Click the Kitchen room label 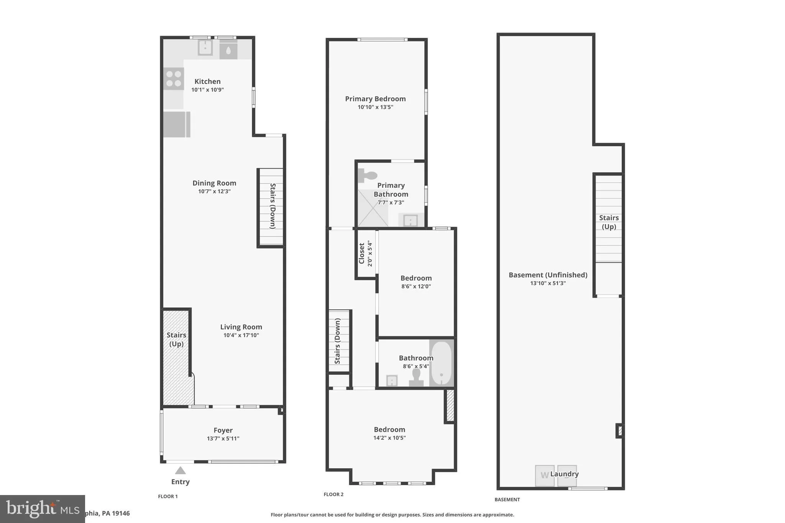(207, 81)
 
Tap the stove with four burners (173, 79)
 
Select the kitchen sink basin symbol (205, 48)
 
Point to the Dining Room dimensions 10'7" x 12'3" (214, 191)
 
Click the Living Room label (241, 327)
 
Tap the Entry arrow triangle (180, 471)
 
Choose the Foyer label (223, 430)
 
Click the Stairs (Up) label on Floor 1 (176, 339)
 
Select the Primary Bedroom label (375, 98)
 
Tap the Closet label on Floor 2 (361, 253)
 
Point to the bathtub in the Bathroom (441, 363)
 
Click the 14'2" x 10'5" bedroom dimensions (389, 438)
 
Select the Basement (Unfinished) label (548, 275)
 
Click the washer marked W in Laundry (544, 475)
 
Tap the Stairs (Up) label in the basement (609, 222)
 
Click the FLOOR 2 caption (333, 494)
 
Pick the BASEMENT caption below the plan (507, 499)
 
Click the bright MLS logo (42, 509)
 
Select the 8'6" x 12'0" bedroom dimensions (416, 286)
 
